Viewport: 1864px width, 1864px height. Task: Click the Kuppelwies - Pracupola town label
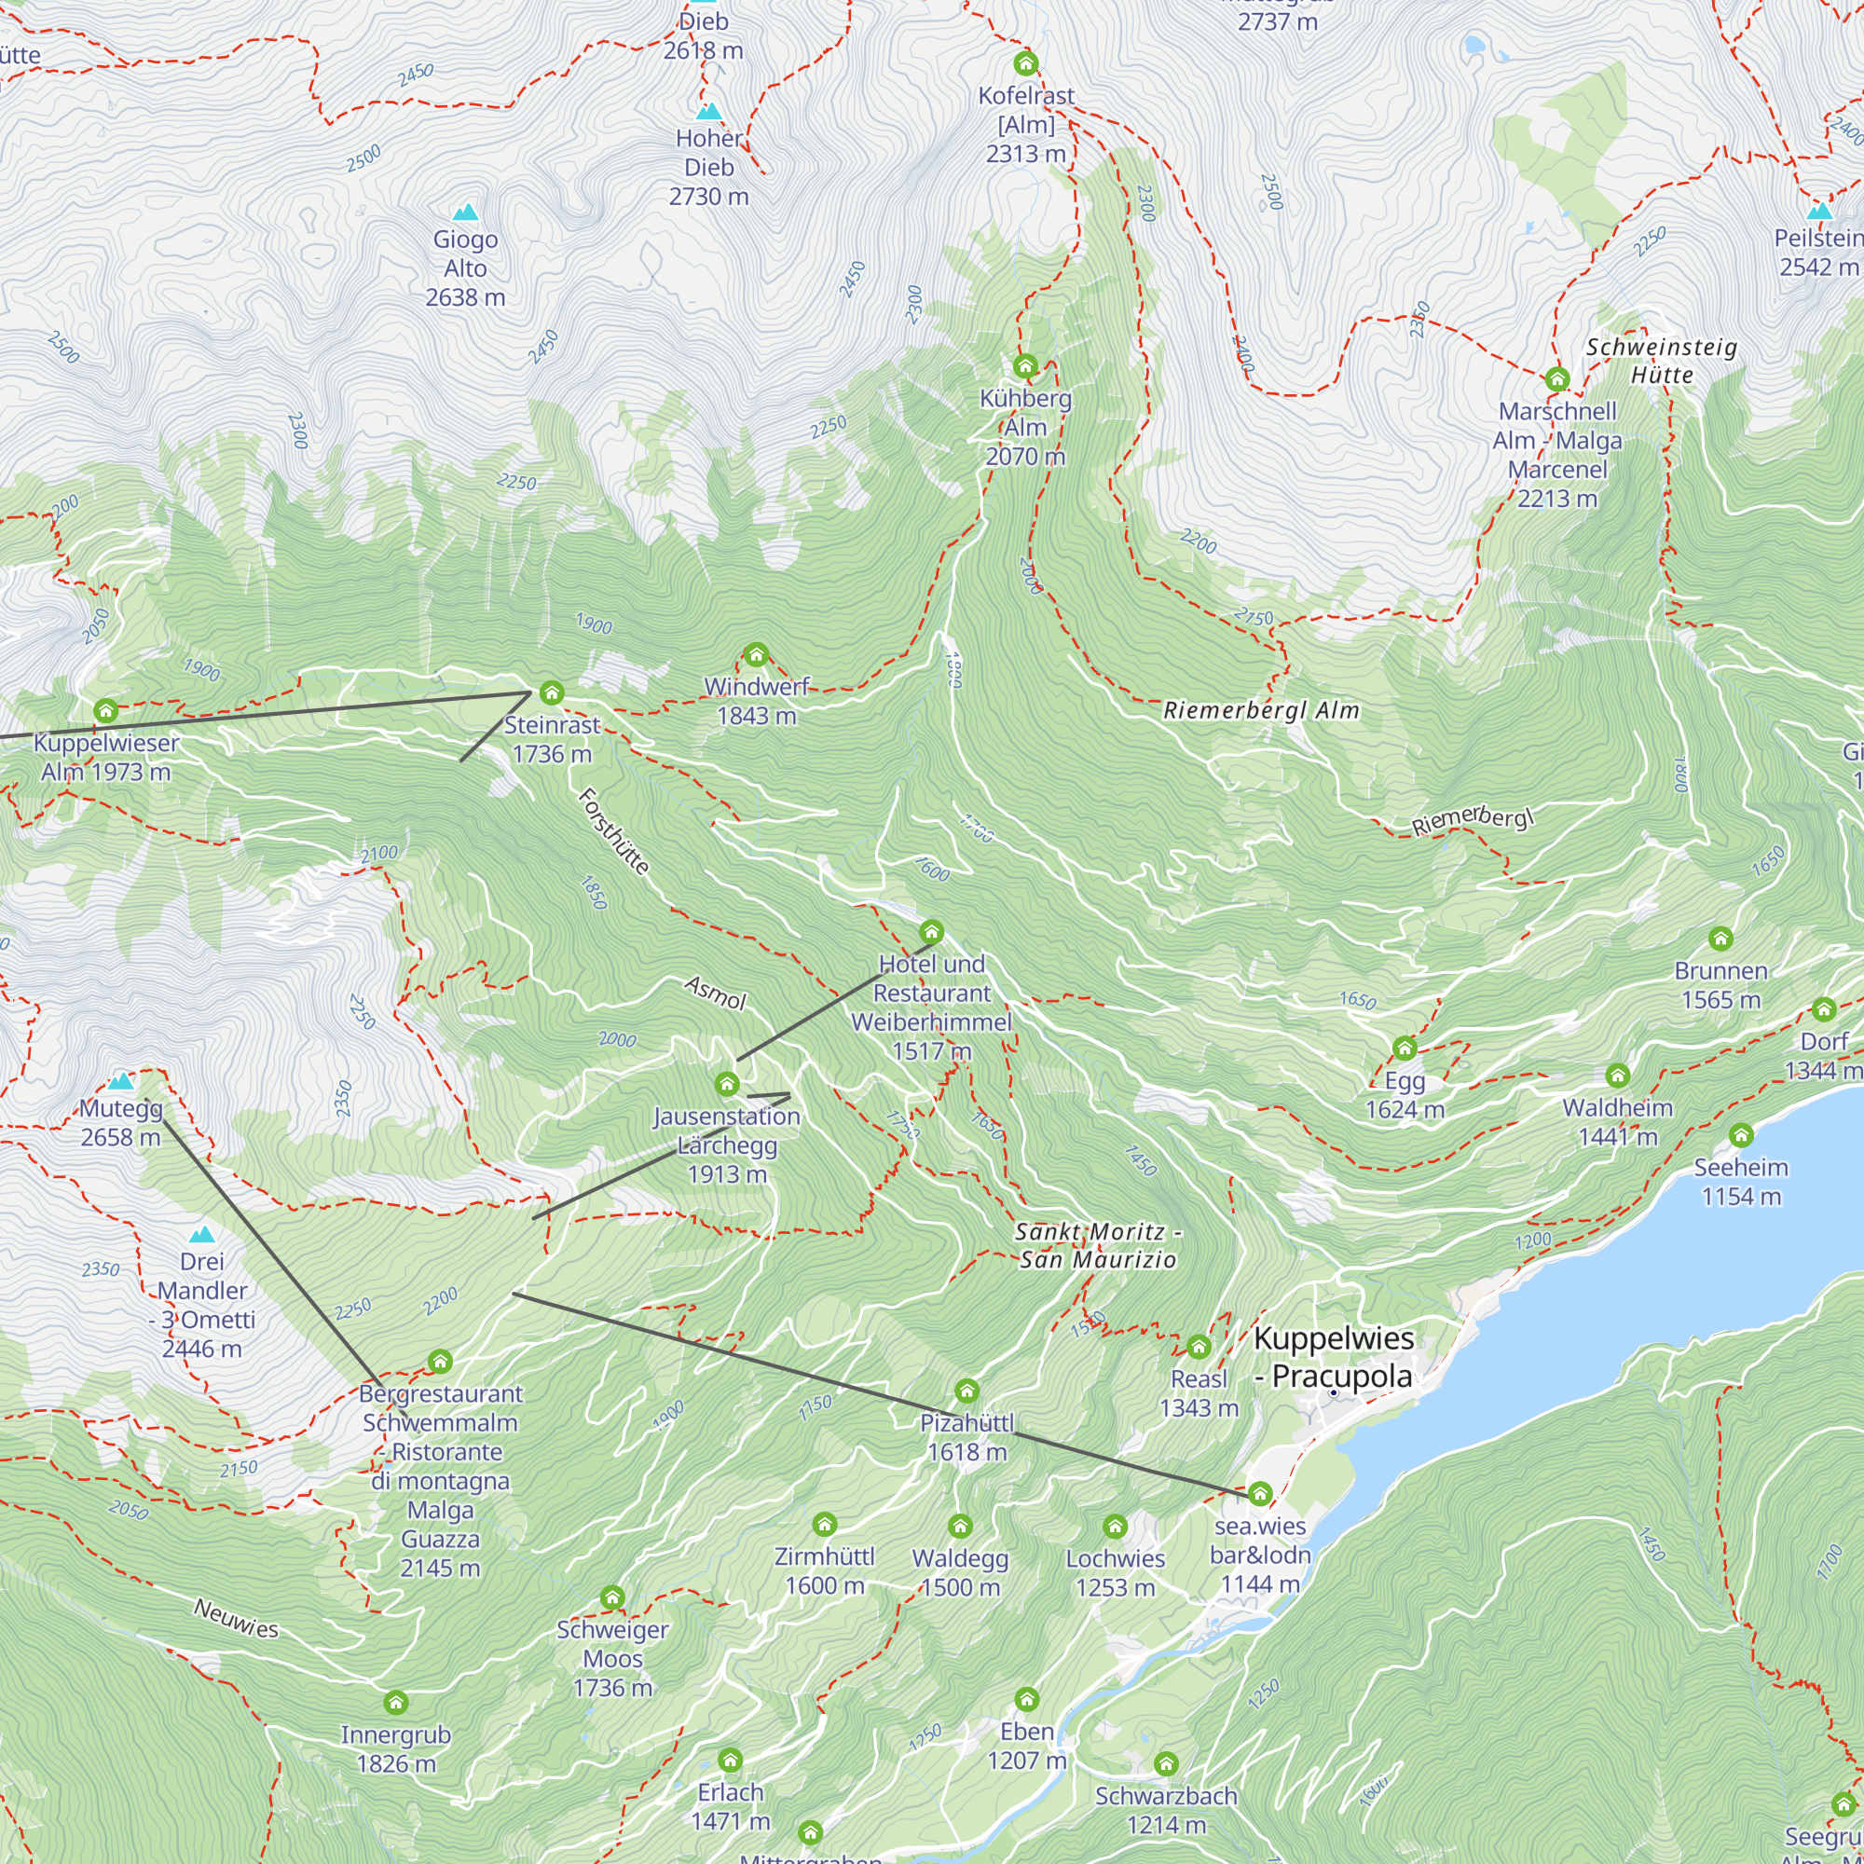1334,1358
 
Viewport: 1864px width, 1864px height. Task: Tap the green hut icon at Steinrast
552,692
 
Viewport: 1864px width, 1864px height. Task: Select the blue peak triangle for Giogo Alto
466,212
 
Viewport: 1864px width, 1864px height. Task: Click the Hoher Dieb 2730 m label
709,168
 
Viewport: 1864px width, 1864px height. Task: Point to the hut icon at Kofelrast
1025,63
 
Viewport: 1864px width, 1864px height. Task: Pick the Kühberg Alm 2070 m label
1025,428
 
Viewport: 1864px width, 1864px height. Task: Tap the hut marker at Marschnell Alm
1557,380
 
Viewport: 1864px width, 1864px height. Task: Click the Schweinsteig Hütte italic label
1662,361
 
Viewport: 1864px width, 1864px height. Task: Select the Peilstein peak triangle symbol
1819,212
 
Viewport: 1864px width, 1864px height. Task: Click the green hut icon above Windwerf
757,656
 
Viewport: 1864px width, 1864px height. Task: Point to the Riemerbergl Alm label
1261,711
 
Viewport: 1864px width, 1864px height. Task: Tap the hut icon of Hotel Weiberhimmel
931,932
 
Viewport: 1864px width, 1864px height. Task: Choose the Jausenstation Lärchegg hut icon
728,1085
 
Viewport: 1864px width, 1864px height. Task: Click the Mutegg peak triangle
120,1081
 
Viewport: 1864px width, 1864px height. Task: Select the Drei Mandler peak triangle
201,1235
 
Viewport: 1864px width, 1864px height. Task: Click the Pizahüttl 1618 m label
966,1437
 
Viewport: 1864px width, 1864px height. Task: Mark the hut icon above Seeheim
1740,1135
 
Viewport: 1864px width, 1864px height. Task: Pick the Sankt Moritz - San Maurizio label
1098,1245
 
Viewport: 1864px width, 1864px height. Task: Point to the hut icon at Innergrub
396,1703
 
